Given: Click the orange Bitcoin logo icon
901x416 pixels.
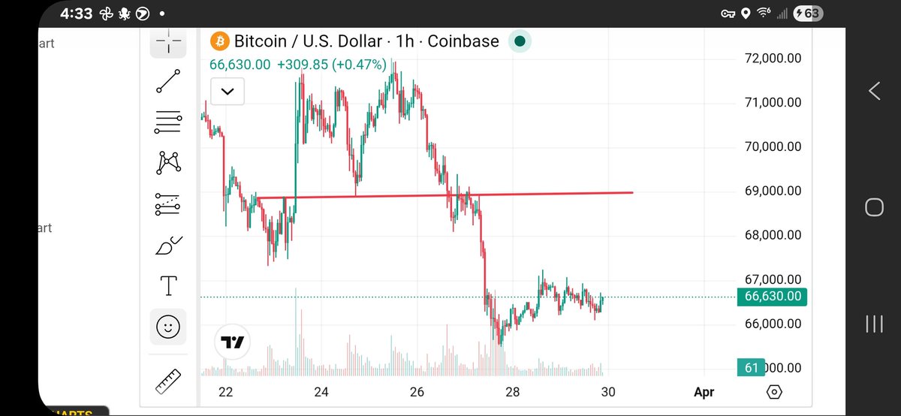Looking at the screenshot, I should (219, 41).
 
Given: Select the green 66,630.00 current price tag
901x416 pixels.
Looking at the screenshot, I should (773, 297).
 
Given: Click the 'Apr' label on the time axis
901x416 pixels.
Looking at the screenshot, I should (704, 391).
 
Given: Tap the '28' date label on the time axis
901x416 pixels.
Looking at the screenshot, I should (513, 391).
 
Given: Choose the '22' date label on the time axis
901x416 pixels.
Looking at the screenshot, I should (225, 391).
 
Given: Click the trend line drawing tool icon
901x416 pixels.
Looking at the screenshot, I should (169, 81).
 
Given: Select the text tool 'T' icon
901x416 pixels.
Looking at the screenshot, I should (169, 285).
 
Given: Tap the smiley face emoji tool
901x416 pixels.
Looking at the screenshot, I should (169, 326).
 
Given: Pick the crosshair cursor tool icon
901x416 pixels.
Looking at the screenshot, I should (169, 41).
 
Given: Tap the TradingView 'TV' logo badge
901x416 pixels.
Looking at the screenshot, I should (232, 343).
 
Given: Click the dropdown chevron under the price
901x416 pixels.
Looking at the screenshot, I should (228, 92).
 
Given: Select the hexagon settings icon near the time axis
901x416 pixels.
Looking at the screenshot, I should (775, 391).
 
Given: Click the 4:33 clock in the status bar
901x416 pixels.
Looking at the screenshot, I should (56, 14).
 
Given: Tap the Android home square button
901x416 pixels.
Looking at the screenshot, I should (874, 207).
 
